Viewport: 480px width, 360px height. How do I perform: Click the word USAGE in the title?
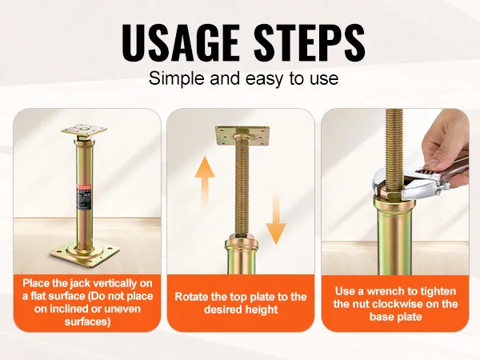coord(180,42)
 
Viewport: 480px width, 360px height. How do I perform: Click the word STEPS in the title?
coord(309,42)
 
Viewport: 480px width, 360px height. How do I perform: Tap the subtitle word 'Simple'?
coord(177,79)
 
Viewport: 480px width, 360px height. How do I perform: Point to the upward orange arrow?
coord(205,181)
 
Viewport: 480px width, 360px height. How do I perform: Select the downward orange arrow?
coord(275,219)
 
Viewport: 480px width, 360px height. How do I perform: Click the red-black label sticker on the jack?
coord(82,198)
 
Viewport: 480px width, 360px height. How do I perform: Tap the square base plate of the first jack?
coord(85,252)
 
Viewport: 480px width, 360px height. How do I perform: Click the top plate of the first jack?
coord(84,130)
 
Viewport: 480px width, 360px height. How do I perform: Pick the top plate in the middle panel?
coord(242,136)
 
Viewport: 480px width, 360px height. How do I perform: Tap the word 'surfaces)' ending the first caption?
coord(87,322)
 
